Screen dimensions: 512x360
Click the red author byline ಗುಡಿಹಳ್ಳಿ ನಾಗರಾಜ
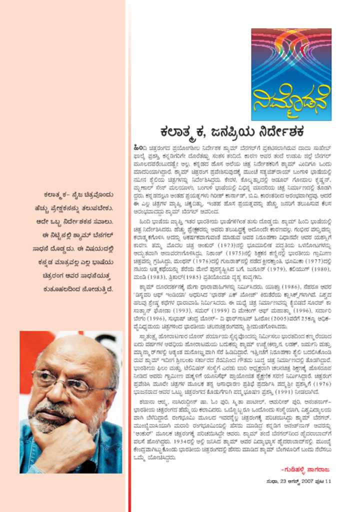[308, 469]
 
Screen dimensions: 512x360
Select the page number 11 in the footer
[328, 481]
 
